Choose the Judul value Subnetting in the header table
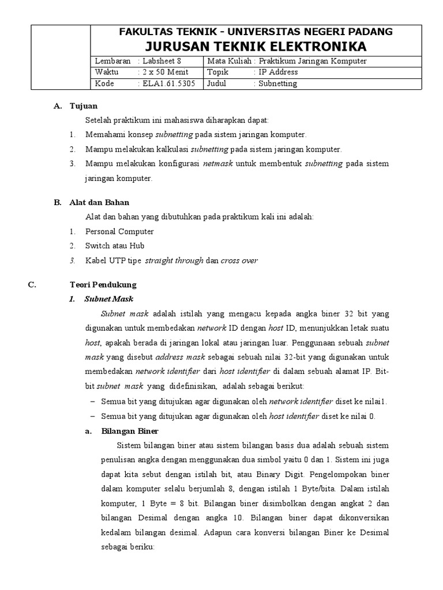[278, 84]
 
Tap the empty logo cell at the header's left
[60, 57]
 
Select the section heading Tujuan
[84, 106]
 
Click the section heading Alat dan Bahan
[99, 202]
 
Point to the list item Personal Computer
[119, 232]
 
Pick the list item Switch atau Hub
[114, 245]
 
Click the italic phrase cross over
[239, 260]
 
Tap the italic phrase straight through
[174, 260]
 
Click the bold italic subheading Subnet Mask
[108, 299]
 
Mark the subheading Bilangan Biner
[129, 431]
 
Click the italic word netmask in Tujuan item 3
[218, 164]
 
